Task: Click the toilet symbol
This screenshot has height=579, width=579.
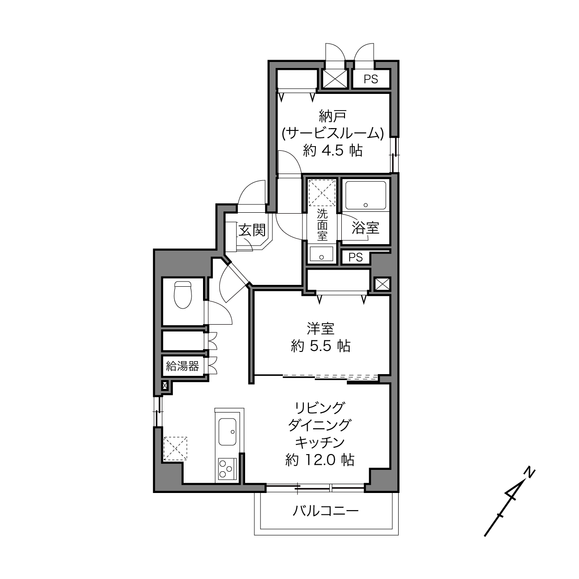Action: tap(183, 295)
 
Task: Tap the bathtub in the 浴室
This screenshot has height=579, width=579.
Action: tap(366, 195)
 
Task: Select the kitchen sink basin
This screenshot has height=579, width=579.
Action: tap(228, 432)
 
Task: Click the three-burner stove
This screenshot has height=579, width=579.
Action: tap(227, 468)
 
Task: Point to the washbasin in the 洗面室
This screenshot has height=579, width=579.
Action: tap(321, 254)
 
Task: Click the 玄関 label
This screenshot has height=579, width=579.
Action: tap(252, 231)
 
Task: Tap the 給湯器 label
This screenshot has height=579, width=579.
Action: tap(183, 366)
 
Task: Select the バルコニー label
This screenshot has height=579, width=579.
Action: tap(326, 511)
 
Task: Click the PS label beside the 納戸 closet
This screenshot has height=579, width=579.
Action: tap(371, 79)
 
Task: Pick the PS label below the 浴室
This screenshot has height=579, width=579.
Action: tap(356, 257)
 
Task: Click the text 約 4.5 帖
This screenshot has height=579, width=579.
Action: tap(333, 150)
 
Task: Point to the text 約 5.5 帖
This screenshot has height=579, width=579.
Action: tap(320, 346)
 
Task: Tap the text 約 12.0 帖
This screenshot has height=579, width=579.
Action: tap(320, 460)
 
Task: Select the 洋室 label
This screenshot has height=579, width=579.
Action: tap(320, 329)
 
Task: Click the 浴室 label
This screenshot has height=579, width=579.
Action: tap(365, 228)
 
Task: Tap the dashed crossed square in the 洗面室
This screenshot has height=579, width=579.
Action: tap(322, 192)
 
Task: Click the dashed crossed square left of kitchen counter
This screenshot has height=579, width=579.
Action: tap(175, 448)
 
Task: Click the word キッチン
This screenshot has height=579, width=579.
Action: tap(320, 442)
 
